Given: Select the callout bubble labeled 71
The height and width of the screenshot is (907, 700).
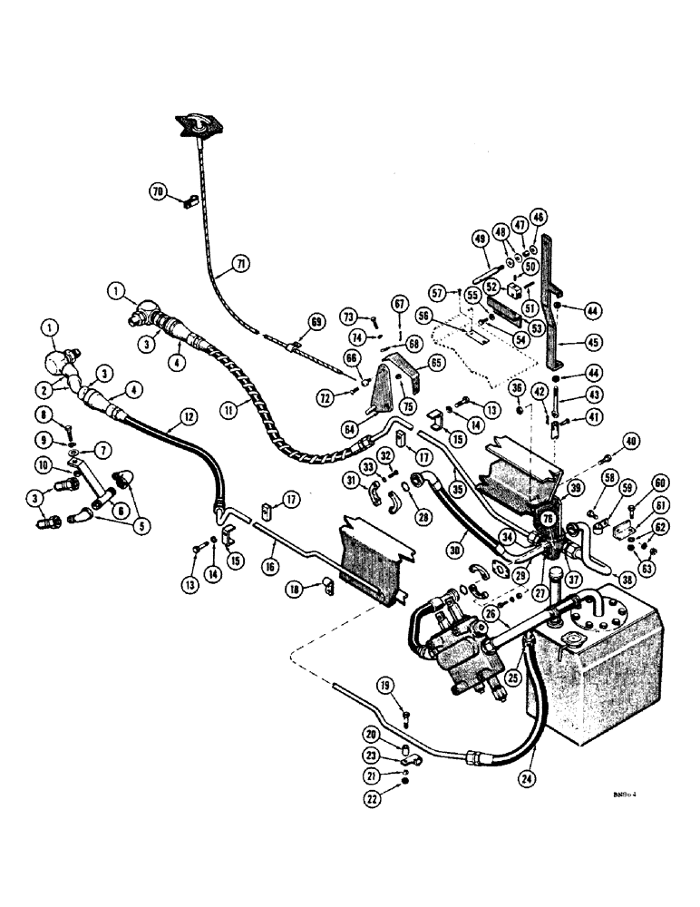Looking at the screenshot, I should tap(239, 264).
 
